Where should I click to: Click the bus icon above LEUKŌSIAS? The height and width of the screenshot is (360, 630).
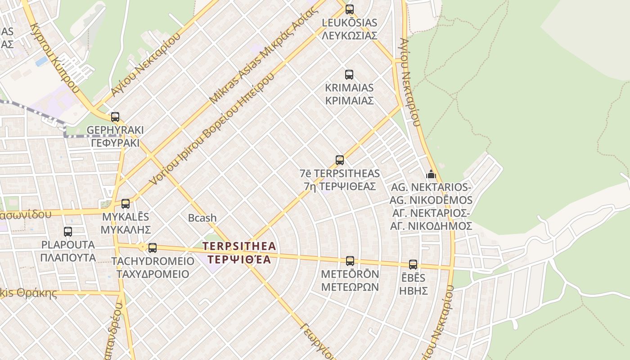coord(349,9)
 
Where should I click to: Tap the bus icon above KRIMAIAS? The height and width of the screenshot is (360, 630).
coord(349,75)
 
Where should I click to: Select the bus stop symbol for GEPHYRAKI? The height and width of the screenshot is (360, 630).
coord(115,117)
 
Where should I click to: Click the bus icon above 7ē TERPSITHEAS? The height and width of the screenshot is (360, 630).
coord(340,160)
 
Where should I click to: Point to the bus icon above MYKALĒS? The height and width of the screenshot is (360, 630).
coord(126,204)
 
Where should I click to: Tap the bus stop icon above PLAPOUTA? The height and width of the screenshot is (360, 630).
coord(68,232)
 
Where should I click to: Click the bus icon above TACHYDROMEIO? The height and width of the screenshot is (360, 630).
coord(153,247)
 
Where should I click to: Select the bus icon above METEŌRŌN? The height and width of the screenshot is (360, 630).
coord(350,261)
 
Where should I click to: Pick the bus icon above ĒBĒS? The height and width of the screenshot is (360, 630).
coord(413,265)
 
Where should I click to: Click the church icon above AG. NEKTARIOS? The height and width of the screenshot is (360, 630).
coord(431,174)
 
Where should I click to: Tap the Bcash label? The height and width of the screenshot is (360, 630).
coord(202,218)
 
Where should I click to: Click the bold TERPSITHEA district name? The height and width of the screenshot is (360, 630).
coord(239,246)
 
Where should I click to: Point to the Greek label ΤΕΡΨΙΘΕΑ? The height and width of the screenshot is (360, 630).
coord(239,260)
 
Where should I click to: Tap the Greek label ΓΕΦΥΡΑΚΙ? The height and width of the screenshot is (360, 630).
coord(115,143)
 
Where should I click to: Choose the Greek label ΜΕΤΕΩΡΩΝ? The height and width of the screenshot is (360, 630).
coord(350,287)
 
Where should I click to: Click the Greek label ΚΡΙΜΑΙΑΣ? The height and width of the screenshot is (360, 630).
coord(349,100)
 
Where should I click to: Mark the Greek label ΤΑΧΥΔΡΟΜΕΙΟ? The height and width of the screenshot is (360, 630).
coord(153,274)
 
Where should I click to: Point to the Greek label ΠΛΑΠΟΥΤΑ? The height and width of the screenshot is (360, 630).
coord(68,258)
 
